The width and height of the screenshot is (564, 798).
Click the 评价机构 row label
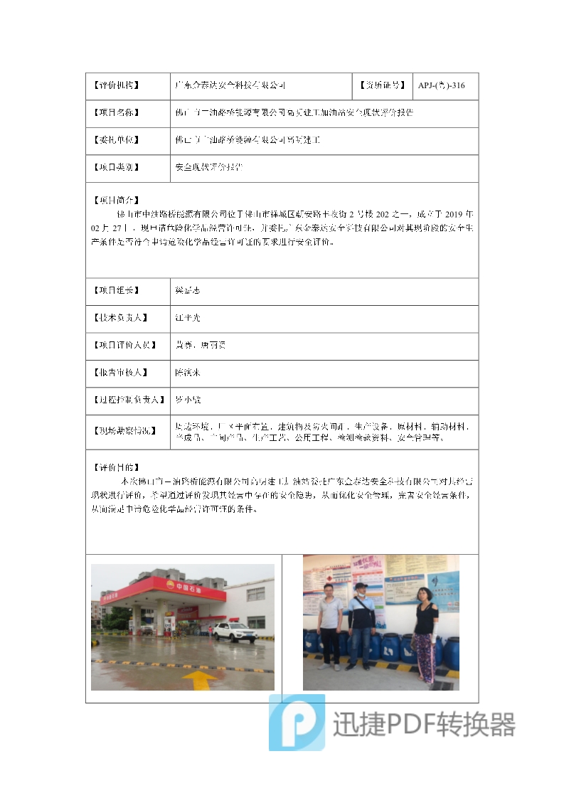pos(116,86)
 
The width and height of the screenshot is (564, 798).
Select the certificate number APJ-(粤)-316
pos(441,86)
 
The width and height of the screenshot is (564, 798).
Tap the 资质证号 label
pos(383,86)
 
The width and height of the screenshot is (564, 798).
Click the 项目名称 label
pos(116,113)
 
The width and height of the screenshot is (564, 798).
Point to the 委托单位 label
pos(116,141)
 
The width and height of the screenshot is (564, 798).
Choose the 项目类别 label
pos(116,169)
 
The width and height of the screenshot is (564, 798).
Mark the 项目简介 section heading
pos(116,200)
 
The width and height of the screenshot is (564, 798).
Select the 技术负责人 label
pos(120,318)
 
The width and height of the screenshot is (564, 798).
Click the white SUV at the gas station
pos(234,632)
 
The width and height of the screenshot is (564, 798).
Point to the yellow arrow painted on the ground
pos(200,679)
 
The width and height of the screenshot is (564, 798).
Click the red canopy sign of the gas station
pos(171,588)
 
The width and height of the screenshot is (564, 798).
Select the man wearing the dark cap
pos(361,627)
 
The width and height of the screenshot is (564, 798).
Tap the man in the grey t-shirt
pos(329,626)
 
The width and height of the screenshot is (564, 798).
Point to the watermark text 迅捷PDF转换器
pos(424,725)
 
